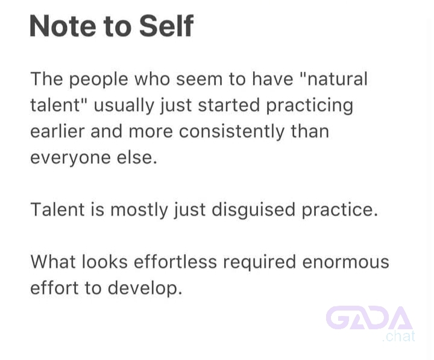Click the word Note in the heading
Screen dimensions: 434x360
pos(63,26)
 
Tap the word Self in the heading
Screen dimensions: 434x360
pos(166,25)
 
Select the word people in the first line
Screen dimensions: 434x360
pos(98,80)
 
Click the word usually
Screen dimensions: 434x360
pos(124,106)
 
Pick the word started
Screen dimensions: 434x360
pos(229,106)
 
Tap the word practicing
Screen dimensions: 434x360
pos(310,106)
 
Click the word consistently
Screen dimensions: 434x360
pos(231,132)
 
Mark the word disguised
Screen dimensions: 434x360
pos(254,210)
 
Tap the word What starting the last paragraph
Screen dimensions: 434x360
pos(52,262)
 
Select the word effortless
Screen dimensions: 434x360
pos(175,262)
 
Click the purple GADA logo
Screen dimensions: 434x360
pos(369,318)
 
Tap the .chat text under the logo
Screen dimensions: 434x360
pos(399,336)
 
